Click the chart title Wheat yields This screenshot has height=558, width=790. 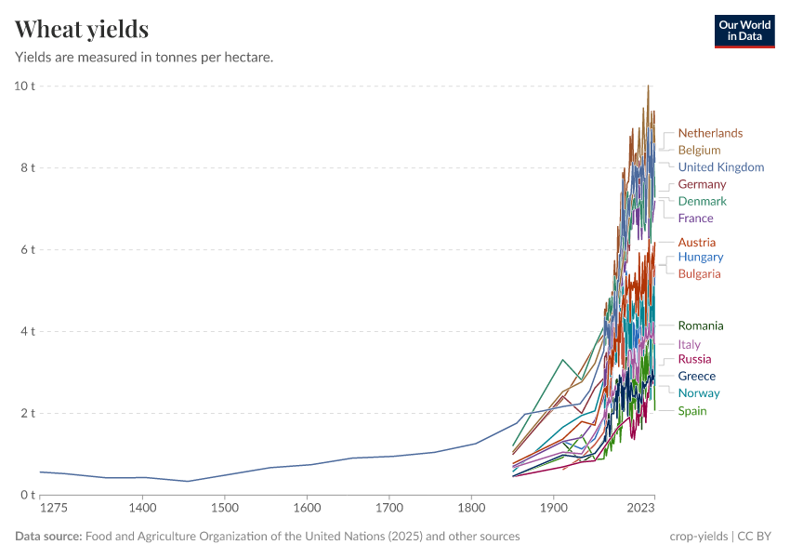click(82, 30)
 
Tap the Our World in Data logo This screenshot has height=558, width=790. click(744, 31)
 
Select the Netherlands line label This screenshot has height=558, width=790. click(710, 133)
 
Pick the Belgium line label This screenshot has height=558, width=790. click(699, 150)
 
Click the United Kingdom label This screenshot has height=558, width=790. click(720, 167)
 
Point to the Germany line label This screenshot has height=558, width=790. click(702, 184)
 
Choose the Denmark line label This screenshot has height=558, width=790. click(702, 201)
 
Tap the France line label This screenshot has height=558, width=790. click(695, 219)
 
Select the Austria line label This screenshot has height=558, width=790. click(696, 243)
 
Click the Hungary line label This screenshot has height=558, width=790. click(700, 257)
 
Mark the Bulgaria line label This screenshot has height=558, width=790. click(699, 273)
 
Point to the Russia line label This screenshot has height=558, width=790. click(694, 359)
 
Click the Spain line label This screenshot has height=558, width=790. click(691, 411)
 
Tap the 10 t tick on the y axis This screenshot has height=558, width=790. click(24, 86)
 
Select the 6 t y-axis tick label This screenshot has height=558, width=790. click(27, 249)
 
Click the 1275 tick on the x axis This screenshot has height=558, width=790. click(54, 509)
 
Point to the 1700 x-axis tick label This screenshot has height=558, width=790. click(388, 509)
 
